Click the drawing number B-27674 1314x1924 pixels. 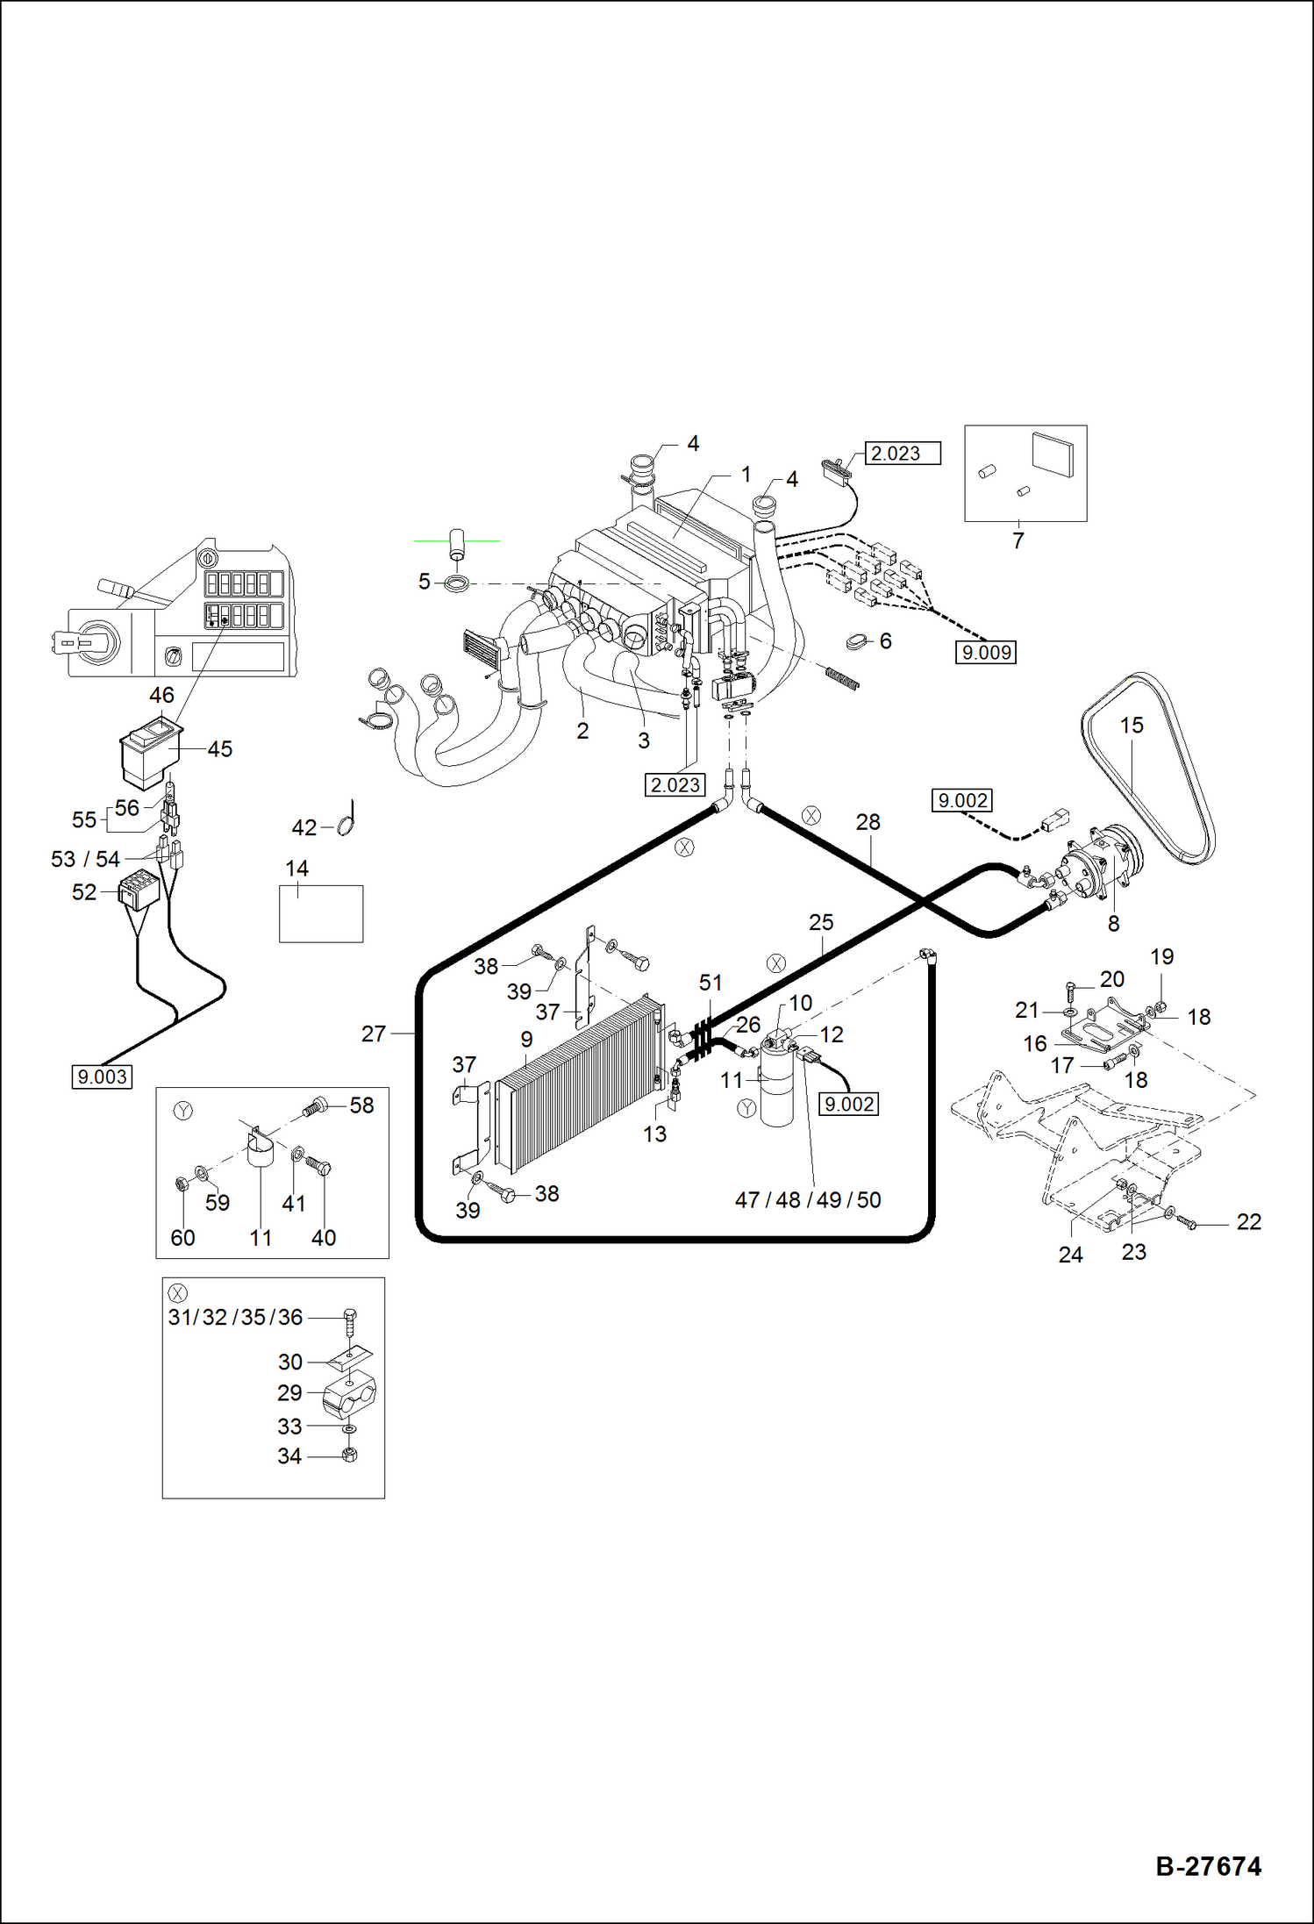tap(1208, 1865)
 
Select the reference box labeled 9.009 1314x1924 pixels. tap(986, 652)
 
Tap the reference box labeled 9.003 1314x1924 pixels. tap(102, 1076)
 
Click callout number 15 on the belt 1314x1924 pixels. tap(1132, 726)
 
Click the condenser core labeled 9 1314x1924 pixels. tap(575, 1084)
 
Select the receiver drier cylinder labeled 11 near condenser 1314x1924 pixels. tap(775, 1088)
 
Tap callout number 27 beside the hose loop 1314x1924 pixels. tap(374, 1034)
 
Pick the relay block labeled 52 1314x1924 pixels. tap(139, 890)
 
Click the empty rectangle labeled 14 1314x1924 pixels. tap(321, 913)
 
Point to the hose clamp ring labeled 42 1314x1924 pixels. tap(346, 825)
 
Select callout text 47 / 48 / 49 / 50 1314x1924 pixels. tap(807, 1199)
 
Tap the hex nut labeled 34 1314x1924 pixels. tap(348, 1456)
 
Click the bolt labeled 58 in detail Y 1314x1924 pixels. tap(316, 1107)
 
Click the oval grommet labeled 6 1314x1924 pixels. tap(856, 644)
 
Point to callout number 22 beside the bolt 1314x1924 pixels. tap(1248, 1221)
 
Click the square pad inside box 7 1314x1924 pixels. tap(1052, 454)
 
